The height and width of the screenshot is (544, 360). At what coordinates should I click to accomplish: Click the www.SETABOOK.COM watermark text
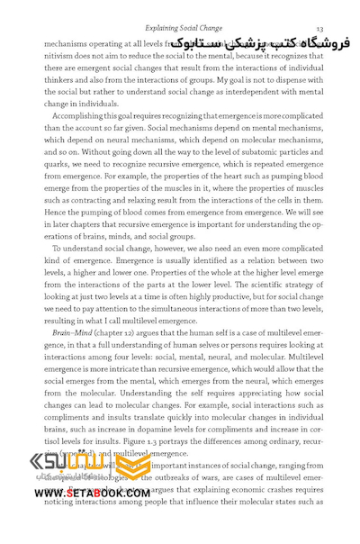tap(94, 493)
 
